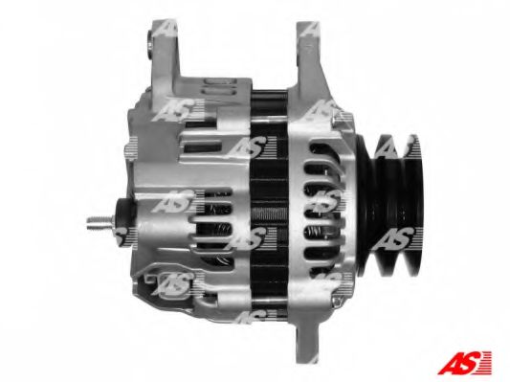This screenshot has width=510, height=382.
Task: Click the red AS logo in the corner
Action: coord(464,362)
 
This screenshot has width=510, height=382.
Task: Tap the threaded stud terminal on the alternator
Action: coord(100,222)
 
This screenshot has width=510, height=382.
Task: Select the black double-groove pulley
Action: coord(390,206)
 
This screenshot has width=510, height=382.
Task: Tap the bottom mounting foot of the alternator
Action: coord(307,338)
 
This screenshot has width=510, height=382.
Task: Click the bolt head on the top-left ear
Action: coord(149,43)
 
